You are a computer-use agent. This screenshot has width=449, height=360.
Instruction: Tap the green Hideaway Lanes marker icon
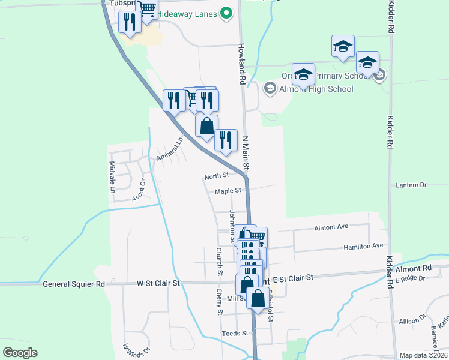pyautogui.click(x=226, y=13)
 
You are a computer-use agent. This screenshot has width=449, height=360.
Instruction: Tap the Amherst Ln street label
pyautogui.click(x=169, y=149)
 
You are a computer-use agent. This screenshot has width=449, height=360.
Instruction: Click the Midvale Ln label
pyautogui.click(x=112, y=177)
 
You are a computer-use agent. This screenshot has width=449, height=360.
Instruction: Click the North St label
pyautogui.click(x=217, y=176)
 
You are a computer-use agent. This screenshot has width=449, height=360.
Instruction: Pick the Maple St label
pyautogui.click(x=228, y=191)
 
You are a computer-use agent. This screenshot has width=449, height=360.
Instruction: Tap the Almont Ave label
pyautogui.click(x=331, y=227)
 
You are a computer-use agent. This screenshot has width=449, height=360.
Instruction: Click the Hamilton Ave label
pyautogui.click(x=363, y=246)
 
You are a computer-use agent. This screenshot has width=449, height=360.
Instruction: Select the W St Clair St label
pyautogui.click(x=158, y=283)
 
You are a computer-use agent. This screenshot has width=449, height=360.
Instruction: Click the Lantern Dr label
pyautogui.click(x=411, y=185)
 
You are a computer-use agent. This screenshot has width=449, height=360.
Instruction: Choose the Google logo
pyautogui.click(x=20, y=353)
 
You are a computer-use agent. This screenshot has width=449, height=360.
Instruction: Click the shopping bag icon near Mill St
pyautogui.click(x=258, y=298)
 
